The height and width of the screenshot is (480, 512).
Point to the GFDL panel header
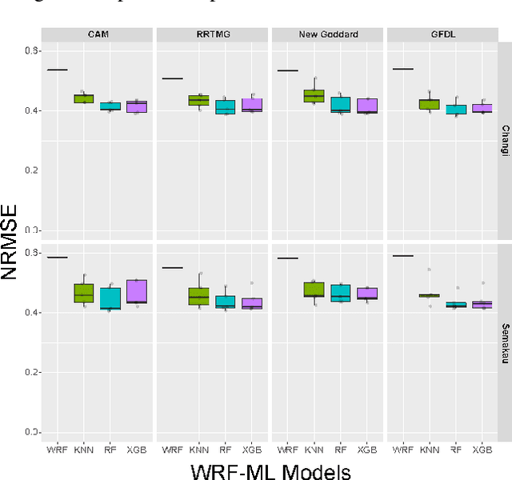(x=442, y=34)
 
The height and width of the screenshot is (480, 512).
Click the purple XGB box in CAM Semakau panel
(x=137, y=291)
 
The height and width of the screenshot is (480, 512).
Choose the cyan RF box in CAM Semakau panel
(x=110, y=298)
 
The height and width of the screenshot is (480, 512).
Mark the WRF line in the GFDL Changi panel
(x=403, y=69)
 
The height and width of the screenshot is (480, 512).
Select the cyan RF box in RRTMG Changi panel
(x=226, y=106)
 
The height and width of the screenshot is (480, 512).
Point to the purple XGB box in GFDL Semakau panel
(x=482, y=304)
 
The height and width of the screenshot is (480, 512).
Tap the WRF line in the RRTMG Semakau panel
(x=173, y=267)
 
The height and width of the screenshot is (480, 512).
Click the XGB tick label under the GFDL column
(x=482, y=450)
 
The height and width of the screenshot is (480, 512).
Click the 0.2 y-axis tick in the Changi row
(x=32, y=170)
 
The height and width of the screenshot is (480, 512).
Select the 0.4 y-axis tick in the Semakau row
(x=32, y=312)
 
